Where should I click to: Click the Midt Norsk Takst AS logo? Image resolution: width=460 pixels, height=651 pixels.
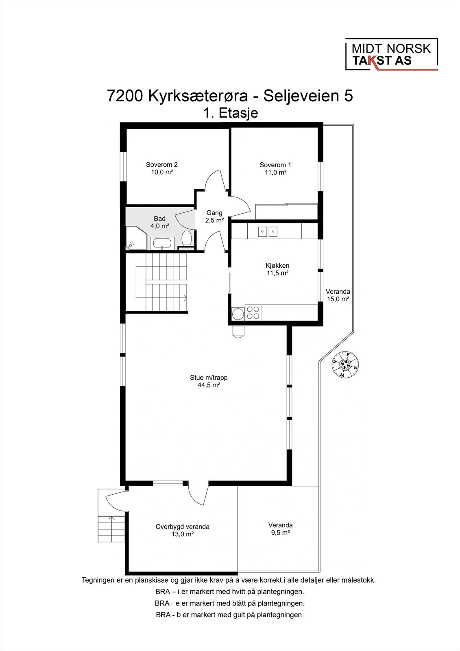coord(391,55)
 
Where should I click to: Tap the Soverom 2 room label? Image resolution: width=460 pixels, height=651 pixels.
coord(161,168)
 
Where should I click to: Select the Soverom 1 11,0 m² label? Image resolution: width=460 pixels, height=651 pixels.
coord(275,168)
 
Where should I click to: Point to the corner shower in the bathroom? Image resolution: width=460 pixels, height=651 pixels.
coord(135,239)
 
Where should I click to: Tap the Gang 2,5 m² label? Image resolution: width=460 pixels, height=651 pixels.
coord(214,216)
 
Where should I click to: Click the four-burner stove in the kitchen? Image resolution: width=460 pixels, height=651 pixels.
coord(253,312)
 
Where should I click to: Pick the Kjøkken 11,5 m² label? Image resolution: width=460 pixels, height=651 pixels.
coord(277,269)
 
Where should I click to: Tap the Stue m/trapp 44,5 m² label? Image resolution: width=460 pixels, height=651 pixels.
coord(209,381)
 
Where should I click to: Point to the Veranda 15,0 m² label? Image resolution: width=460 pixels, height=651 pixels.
coord(338,295)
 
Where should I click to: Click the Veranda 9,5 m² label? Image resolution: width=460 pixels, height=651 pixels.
coord(280,529)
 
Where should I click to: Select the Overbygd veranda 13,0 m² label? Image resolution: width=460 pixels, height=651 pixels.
coord(182,530)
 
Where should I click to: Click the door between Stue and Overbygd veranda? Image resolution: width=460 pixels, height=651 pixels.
coord(198,493)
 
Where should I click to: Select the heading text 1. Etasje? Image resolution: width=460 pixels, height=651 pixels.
coord(230,113)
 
